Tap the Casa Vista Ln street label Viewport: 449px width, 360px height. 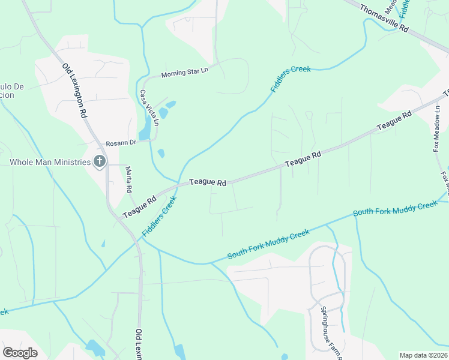click(x=149, y=108)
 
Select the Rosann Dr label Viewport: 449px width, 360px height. click(x=121, y=143)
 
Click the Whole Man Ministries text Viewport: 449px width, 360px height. click(x=50, y=162)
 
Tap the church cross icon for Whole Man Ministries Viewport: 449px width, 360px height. click(x=100, y=161)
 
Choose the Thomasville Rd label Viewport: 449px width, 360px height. click(x=384, y=19)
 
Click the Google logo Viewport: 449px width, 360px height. click(x=20, y=352)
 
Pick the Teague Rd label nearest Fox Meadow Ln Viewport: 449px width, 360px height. click(x=394, y=121)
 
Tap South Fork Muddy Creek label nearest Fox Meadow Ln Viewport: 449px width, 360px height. click(x=395, y=209)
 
